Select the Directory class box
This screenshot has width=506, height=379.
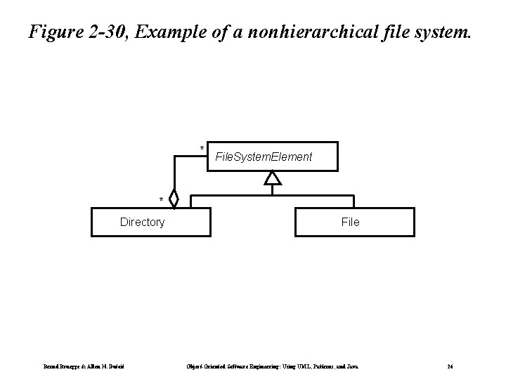click(x=151, y=222)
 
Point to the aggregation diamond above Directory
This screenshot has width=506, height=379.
click(x=174, y=199)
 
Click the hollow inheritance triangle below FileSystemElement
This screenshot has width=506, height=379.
click(x=273, y=178)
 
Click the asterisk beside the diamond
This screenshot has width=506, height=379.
click(x=161, y=201)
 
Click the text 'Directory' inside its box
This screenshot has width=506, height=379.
click(x=142, y=222)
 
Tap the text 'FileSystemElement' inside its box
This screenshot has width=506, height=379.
click(x=264, y=157)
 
